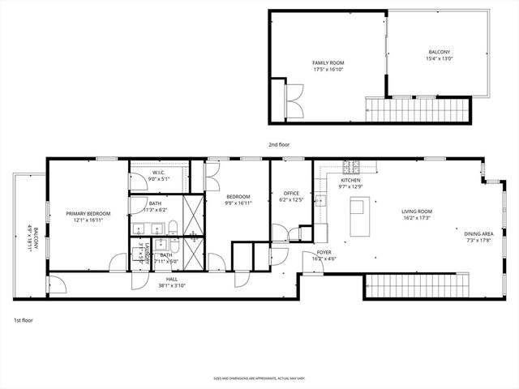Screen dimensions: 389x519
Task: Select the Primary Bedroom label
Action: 88,214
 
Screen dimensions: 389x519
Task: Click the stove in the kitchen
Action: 353,168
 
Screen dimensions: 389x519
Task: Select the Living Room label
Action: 416,212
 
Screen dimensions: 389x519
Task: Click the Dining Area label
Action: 478,233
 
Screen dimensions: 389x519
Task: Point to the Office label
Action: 290,193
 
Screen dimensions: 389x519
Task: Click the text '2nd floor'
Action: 279,144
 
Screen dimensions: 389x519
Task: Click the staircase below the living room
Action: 418,286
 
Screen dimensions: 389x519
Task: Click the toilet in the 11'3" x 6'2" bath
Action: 173,227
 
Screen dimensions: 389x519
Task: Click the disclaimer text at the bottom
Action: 259,378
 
